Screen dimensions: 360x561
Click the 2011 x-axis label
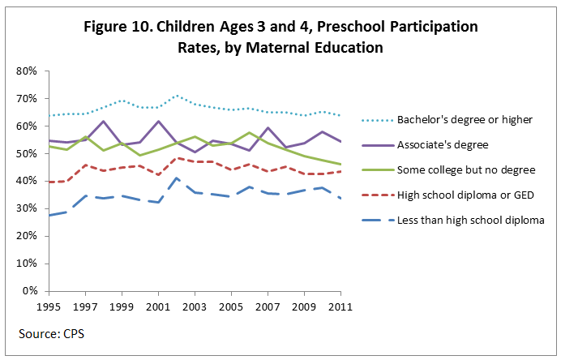click(x=340, y=307)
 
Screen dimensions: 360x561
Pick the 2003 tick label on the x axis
click(x=195, y=307)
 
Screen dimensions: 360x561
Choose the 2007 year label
click(x=268, y=307)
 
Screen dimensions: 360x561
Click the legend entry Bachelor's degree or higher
click(x=465, y=121)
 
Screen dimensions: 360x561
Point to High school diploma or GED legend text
click(x=465, y=195)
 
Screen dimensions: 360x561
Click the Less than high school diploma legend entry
click(x=470, y=219)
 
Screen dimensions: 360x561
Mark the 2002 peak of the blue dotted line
click(x=177, y=96)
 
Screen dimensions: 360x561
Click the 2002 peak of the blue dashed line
click(x=177, y=178)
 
